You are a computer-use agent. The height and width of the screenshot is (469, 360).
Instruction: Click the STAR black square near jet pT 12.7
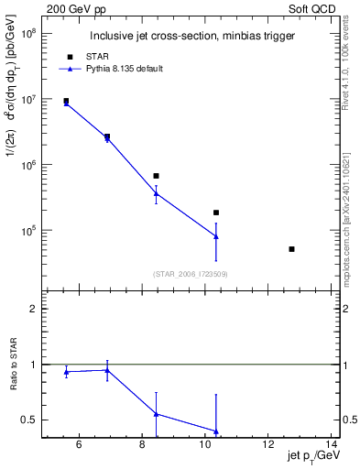[291, 249]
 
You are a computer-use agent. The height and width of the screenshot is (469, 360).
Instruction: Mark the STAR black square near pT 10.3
[216, 213]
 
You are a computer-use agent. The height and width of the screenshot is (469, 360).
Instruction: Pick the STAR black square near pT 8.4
[157, 175]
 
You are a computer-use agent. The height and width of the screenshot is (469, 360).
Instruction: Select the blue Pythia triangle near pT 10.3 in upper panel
[216, 236]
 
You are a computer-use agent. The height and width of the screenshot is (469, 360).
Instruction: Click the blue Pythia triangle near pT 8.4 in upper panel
[157, 193]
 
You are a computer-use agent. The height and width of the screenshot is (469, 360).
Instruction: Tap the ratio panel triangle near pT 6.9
[107, 370]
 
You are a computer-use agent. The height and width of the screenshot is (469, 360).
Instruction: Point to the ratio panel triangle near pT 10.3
[216, 431]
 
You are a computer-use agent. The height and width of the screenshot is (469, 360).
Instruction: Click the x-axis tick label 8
[142, 446]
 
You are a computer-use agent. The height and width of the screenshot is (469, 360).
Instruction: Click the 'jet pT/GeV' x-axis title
[313, 457]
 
